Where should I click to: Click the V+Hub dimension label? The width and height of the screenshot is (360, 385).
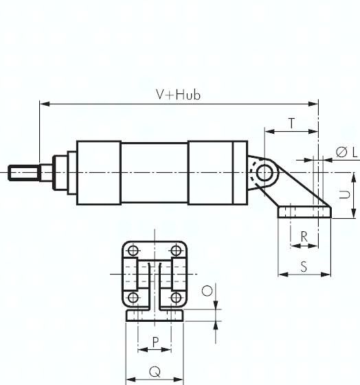pos(178,95)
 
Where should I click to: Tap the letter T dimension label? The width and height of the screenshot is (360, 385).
pos(292,124)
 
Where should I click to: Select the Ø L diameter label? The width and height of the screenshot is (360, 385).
pos(346,152)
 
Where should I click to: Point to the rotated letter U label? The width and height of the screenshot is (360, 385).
pos(344,194)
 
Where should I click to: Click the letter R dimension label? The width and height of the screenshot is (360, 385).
pos(304,237)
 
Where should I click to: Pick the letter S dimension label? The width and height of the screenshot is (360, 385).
pos(304,267)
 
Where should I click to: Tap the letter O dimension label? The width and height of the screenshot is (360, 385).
pos(207,291)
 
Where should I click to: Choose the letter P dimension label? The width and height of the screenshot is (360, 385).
pos(155,342)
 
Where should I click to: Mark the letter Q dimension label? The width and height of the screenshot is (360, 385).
pos(155,372)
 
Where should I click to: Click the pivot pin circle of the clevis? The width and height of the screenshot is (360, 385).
pos(265,173)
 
